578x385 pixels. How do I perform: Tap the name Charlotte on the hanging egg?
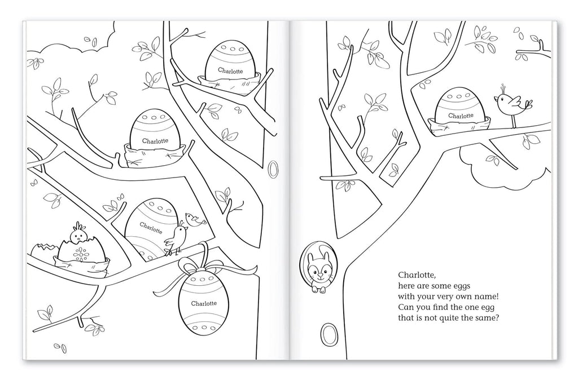[203, 303]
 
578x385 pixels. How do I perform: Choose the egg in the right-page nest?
[461, 107]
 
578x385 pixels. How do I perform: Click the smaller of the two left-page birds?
[192, 219]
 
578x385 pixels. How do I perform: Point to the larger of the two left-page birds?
[177, 238]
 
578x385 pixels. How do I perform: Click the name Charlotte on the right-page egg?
[461, 116]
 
